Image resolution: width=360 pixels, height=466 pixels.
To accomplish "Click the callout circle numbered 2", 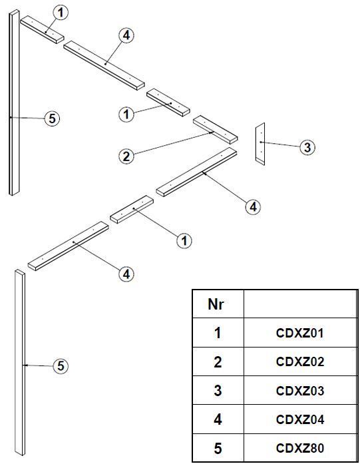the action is click(x=126, y=156).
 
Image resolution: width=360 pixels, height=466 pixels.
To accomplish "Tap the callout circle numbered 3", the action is click(x=307, y=147).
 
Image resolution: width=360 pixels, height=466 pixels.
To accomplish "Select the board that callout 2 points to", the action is click(x=216, y=130).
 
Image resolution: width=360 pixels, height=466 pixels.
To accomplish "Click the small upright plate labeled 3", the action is click(x=260, y=144).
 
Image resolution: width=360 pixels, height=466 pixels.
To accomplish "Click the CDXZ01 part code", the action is click(x=299, y=333).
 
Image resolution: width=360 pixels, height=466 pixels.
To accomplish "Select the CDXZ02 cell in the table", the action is click(x=300, y=361).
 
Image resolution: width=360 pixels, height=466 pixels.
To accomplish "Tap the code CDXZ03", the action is click(x=299, y=391).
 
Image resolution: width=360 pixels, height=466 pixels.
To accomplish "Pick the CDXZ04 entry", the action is click(x=299, y=419).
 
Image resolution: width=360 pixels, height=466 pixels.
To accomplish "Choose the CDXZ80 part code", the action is click(x=299, y=448).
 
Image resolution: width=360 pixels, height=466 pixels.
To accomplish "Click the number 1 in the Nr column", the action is click(x=218, y=333).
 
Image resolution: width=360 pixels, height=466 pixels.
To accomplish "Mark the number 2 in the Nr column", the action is click(x=218, y=361).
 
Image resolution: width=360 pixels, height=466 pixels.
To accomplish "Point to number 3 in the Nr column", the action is click(x=218, y=391).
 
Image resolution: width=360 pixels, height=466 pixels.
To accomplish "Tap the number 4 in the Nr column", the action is click(x=218, y=419).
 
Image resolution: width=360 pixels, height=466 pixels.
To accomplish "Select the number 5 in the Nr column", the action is click(x=218, y=448).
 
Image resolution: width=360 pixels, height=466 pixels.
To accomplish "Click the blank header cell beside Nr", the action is click(x=300, y=304).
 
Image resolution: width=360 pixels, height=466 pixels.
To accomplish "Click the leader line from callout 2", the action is click(x=173, y=143).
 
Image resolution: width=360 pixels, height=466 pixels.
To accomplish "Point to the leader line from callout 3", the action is click(x=280, y=144).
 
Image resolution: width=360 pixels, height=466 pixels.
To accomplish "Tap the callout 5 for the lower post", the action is click(x=61, y=366).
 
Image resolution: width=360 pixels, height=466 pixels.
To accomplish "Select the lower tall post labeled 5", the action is click(x=20, y=362).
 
